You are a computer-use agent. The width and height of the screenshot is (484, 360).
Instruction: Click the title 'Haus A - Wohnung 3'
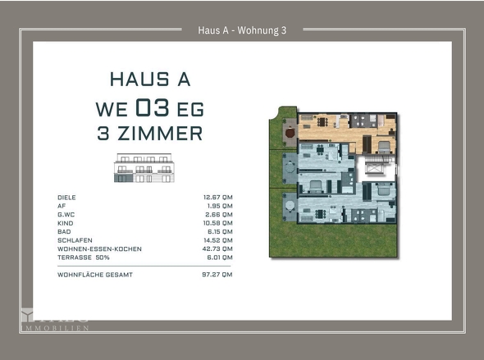click(x=242, y=31)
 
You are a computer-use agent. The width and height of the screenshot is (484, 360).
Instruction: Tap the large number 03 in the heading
click(x=155, y=107)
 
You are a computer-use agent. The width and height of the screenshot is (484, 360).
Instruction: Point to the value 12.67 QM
click(x=217, y=198)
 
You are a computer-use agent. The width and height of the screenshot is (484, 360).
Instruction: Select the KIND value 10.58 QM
click(x=217, y=223)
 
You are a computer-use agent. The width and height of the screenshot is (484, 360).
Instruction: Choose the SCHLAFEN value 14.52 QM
click(x=217, y=240)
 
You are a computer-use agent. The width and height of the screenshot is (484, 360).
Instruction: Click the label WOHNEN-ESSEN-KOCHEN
click(x=99, y=248)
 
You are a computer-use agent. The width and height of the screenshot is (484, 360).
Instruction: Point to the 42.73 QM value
click(x=217, y=248)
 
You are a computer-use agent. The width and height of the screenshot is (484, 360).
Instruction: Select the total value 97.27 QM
click(x=217, y=275)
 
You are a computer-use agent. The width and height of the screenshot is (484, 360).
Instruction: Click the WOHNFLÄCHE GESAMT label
click(x=94, y=275)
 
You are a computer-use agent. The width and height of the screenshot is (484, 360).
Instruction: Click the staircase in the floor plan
click(x=374, y=168)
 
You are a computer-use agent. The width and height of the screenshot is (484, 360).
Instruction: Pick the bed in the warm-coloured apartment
click(x=383, y=146)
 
